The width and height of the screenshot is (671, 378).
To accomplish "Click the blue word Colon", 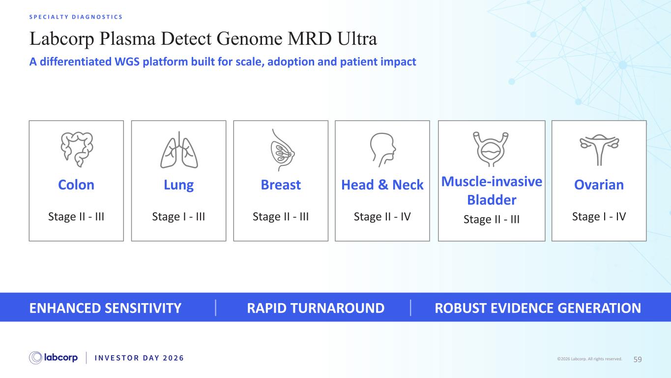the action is pos(76,185).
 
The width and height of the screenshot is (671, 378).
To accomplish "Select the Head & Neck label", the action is pos(382,185).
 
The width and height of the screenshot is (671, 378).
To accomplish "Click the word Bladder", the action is pos(492,200).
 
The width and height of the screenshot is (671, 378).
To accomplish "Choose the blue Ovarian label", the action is pos(599,185).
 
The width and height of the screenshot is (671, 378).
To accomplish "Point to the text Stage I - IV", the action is pos(599,217).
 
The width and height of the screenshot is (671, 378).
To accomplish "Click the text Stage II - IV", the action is pos(382,217).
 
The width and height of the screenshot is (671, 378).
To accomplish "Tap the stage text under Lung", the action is pos(178,217).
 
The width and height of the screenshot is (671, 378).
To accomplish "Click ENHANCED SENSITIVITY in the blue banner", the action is pos(105,308).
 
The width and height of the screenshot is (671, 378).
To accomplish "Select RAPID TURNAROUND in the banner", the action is pos(316,308).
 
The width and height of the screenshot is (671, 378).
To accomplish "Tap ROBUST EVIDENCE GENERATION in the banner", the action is pos(538,308).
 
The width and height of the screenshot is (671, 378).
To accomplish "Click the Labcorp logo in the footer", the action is pos(53,358).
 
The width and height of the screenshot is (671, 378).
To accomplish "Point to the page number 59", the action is pos(638,359).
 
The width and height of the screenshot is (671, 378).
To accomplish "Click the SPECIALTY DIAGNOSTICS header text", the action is pos(76,17).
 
